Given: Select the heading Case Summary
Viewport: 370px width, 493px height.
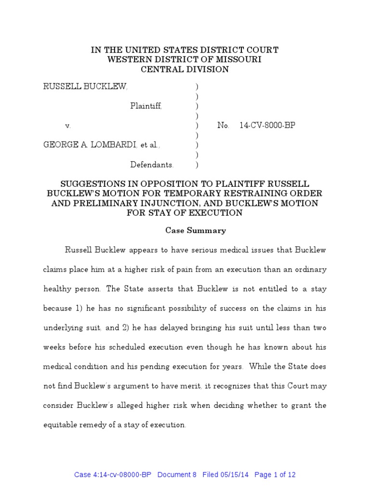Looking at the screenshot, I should tap(196, 231).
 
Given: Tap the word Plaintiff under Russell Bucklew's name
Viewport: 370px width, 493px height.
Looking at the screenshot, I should tap(146, 106).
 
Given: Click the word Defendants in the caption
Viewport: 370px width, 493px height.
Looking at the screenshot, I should tap(151, 165).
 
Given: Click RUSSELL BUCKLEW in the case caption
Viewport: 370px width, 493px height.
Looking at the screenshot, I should tap(85, 87).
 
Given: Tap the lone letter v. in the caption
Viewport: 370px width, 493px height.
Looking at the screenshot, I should tap(68, 126).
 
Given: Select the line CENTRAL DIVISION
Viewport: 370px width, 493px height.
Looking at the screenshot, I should tap(185, 69).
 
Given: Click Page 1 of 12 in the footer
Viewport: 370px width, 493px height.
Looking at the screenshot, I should tap(275, 475).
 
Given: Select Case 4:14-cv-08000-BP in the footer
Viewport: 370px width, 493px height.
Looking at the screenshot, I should tap(113, 475).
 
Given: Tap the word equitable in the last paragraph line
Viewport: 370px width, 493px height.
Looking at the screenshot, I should tap(60, 425).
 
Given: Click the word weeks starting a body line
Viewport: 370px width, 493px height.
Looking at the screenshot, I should tap(54, 347).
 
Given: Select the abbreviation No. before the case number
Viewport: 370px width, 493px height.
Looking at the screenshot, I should tap(223, 126).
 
